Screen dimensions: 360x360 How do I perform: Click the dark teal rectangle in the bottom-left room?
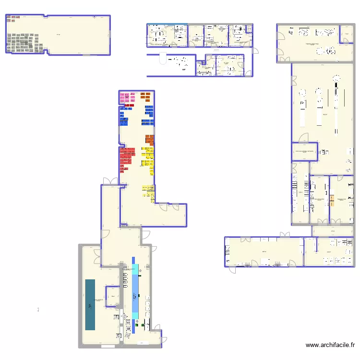click(x=90, y=304)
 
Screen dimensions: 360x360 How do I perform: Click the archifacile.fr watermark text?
click(x=331, y=345)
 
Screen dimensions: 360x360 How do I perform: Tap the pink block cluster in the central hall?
click(x=127, y=98)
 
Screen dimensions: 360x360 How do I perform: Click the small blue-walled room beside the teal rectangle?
click(x=113, y=296)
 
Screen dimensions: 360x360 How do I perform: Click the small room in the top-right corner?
click(x=346, y=35)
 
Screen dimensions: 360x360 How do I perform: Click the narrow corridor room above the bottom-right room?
click(x=333, y=231)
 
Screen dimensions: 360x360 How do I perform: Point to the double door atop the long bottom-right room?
click(x=286, y=235)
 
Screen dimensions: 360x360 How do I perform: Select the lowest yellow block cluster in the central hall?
click(x=148, y=191)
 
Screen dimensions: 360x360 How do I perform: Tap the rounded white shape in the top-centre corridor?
click(x=162, y=60)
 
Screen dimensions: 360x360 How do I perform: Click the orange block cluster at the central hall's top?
click(x=145, y=96)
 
